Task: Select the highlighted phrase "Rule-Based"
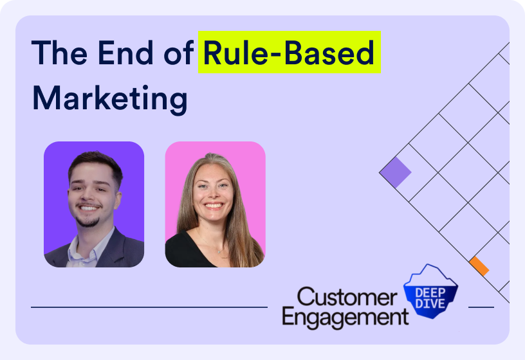(289, 53)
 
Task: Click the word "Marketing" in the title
(109, 99)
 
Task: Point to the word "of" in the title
(180, 53)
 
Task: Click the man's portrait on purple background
(94, 204)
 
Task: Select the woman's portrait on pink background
(215, 204)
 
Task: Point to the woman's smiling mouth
(214, 206)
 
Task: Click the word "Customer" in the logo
(347, 298)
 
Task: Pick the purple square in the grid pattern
(395, 172)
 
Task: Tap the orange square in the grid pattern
(479, 265)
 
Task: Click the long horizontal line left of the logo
(149, 307)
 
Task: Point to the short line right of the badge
(481, 307)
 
